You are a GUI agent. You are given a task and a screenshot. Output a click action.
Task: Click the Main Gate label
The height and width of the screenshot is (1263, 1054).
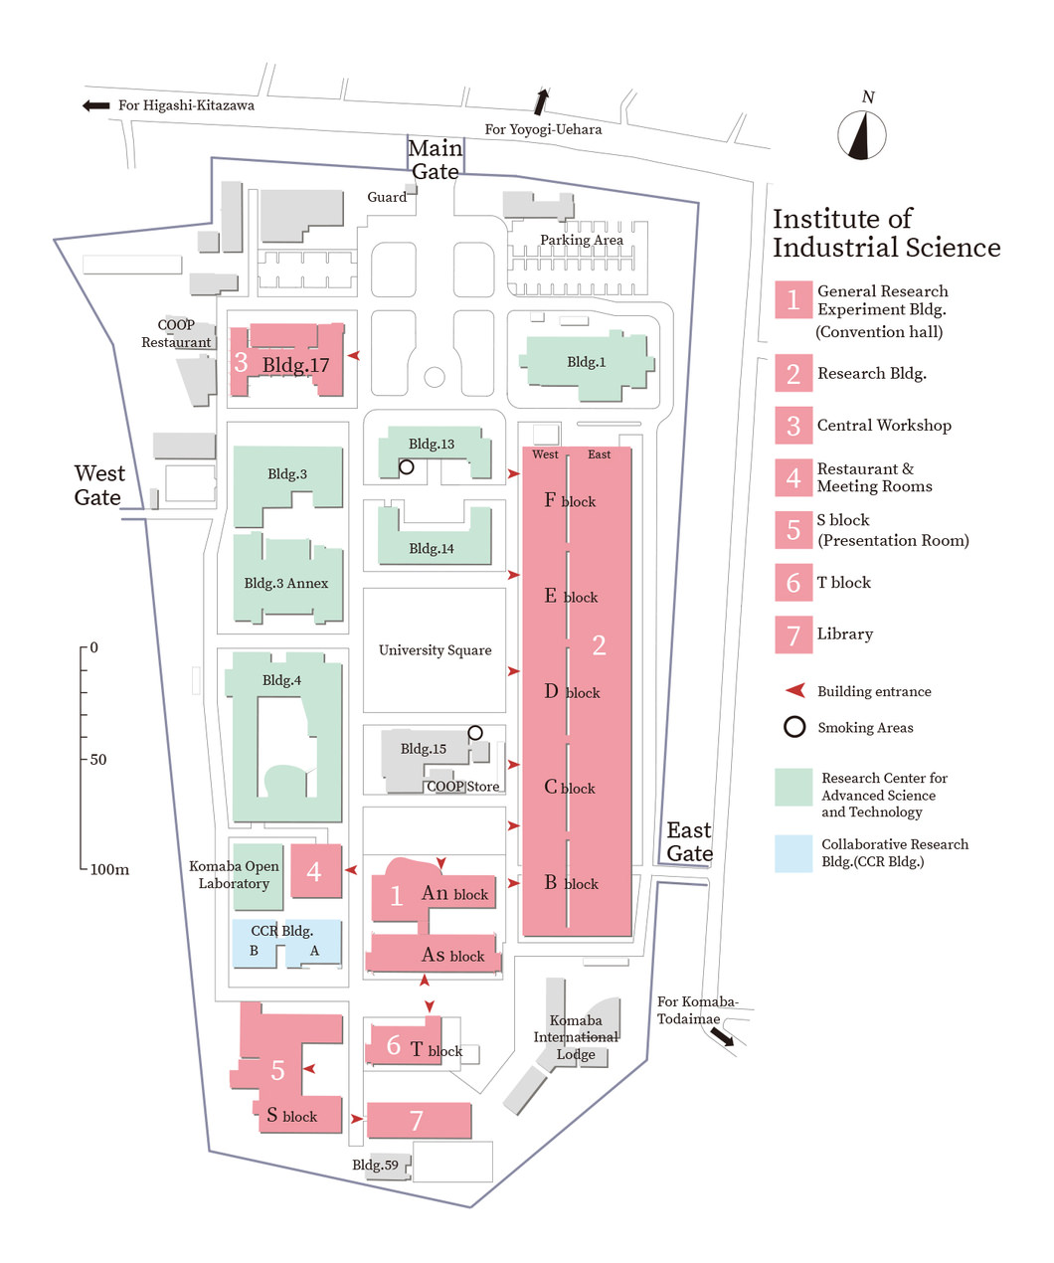[435, 160]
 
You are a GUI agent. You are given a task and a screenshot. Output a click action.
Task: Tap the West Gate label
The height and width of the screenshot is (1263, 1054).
[99, 484]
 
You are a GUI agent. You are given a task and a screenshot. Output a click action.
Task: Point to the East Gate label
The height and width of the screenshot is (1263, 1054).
[689, 841]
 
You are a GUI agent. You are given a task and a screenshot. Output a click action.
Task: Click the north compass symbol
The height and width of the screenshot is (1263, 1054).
[862, 135]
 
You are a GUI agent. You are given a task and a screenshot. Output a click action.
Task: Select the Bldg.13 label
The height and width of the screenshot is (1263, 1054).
[432, 444]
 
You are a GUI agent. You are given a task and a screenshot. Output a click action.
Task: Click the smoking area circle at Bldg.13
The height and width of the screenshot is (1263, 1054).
[407, 467]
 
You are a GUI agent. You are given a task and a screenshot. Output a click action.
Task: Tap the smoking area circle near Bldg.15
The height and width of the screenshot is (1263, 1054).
[475, 733]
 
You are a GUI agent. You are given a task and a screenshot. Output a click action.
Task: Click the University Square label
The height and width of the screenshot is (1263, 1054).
[435, 650]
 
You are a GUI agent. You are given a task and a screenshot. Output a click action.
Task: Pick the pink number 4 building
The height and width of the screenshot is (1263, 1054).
[315, 870]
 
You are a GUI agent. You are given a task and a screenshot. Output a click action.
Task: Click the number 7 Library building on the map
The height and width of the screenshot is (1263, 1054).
[419, 1120]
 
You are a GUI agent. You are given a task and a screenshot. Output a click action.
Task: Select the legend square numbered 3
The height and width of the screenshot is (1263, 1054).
[793, 426]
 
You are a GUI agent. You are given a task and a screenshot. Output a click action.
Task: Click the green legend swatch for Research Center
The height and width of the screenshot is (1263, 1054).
[793, 787]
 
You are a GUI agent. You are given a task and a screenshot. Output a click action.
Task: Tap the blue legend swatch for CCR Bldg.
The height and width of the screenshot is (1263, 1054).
[793, 853]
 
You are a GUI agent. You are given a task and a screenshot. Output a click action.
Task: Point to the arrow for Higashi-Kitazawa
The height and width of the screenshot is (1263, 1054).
[95, 105]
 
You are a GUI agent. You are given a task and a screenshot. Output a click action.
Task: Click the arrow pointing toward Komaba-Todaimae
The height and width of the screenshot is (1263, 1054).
[722, 1037]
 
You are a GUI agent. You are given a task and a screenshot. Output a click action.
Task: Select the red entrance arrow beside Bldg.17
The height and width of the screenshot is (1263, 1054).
[354, 356]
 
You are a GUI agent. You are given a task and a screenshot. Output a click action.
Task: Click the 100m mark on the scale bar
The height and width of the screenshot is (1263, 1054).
[108, 870]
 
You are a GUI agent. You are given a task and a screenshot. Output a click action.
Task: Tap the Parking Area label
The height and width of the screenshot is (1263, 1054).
[581, 240]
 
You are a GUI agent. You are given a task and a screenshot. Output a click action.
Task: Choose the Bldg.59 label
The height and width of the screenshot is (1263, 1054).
[375, 1165]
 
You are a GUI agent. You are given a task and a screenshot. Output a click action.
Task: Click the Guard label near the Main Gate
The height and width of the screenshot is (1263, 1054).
[387, 197]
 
